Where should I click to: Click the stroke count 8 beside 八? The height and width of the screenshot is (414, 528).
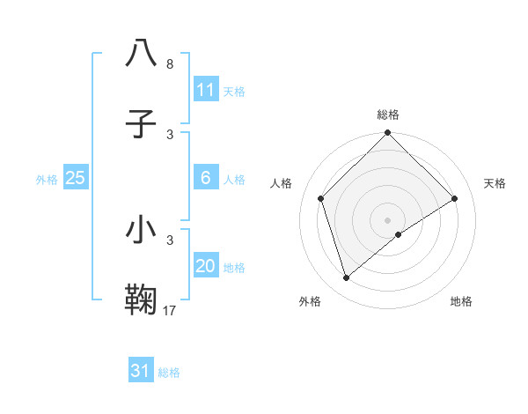click(169, 64)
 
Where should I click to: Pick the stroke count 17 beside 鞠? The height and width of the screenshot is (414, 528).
click(170, 310)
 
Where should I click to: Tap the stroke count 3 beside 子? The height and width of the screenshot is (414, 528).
click(170, 134)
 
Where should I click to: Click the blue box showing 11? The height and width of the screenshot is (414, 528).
click(206, 90)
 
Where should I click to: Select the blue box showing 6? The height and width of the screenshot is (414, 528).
click(206, 178)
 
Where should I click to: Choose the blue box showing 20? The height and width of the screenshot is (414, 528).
click(206, 266)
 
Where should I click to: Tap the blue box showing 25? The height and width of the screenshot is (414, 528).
click(76, 178)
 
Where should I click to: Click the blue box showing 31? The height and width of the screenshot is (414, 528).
click(141, 371)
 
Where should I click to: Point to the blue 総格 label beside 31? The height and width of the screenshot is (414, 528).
click(169, 373)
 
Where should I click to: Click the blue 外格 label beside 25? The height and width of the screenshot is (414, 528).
click(47, 180)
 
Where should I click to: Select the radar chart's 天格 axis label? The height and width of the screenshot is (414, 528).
click(495, 183)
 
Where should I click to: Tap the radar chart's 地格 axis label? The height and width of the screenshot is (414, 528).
click(461, 301)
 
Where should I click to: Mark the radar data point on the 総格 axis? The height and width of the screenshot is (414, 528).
click(387, 134)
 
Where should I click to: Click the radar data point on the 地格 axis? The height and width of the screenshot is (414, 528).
click(399, 234)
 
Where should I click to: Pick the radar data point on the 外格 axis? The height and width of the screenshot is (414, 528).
click(346, 278)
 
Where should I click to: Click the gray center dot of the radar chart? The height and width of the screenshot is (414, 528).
click(387, 219)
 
